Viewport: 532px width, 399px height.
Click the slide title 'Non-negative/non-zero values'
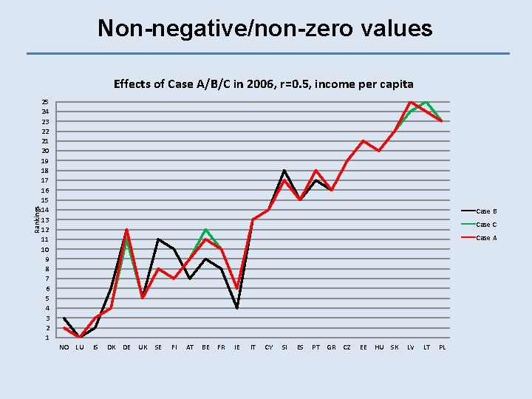point(265,29)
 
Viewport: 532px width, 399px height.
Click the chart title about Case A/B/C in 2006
point(263,83)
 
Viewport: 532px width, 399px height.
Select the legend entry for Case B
point(486,211)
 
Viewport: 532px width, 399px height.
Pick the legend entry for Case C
point(486,225)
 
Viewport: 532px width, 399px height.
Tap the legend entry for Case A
point(486,238)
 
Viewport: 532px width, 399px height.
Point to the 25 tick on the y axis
point(45,102)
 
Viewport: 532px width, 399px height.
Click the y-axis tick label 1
point(47,338)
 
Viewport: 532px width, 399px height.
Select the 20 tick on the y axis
point(45,151)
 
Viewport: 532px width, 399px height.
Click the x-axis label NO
point(64,347)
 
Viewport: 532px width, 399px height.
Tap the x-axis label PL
point(442,347)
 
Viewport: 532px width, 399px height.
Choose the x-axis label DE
point(127,347)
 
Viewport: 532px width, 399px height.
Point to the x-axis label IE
point(237,347)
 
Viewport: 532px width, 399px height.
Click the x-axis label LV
point(410,347)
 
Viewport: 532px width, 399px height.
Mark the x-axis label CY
point(268,347)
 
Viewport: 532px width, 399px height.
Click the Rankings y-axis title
point(38,219)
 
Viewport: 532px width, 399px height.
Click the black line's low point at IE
point(237,308)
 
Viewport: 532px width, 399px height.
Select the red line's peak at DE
point(127,230)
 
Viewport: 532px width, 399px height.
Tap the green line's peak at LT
point(426,101)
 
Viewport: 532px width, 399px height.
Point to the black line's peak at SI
point(284,171)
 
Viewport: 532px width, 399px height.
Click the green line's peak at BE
point(205,230)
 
